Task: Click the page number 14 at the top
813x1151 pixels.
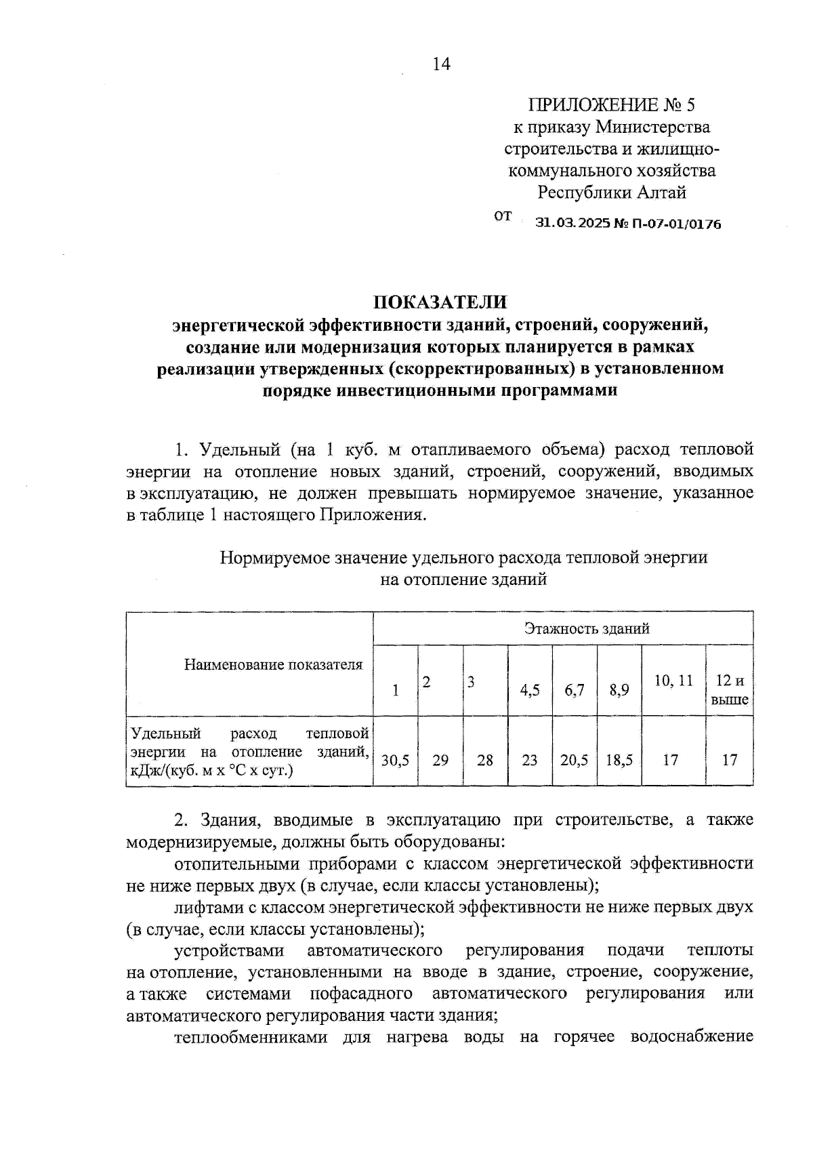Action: point(440,64)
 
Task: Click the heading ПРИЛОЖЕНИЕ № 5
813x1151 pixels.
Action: point(611,105)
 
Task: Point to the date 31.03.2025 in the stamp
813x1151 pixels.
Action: point(572,223)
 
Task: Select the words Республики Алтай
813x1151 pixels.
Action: point(612,193)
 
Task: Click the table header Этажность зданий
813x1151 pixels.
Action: point(587,628)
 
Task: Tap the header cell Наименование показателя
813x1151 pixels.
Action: point(273,664)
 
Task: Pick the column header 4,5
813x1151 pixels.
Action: point(530,690)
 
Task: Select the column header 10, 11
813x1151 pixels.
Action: point(673,681)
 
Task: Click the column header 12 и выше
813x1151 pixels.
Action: point(730,690)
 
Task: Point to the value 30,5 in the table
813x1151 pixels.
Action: point(395,760)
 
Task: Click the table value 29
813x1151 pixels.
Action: point(440,760)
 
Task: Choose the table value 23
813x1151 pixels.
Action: point(530,760)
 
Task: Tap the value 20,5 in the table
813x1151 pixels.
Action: point(574,760)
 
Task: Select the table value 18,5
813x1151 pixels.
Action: point(619,760)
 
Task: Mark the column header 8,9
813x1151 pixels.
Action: point(619,690)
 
